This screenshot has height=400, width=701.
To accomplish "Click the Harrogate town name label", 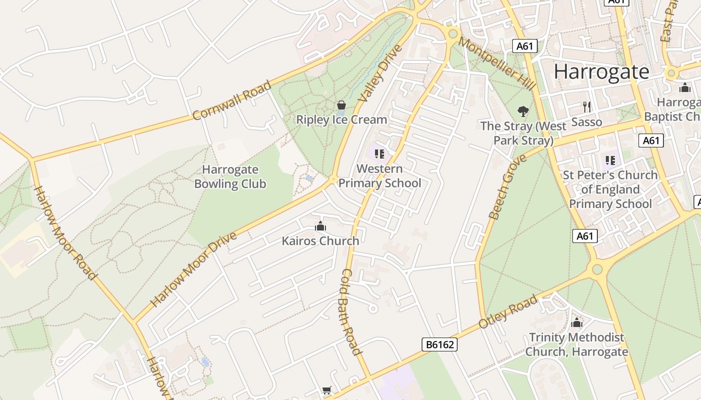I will [x=601, y=72].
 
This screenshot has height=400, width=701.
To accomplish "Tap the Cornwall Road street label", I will [x=232, y=100].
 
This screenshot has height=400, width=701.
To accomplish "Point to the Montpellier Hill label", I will [x=497, y=64].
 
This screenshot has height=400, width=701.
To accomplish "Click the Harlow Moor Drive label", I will [x=194, y=269].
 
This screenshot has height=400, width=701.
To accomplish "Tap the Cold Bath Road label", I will [x=351, y=311].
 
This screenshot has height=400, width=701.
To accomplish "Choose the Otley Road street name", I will [x=508, y=311].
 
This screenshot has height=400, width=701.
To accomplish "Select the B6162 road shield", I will [x=440, y=344].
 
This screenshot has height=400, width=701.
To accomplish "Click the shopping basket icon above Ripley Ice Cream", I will [x=341, y=105].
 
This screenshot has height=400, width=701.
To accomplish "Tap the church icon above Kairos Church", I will [x=320, y=226].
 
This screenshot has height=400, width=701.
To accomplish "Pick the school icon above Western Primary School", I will [x=380, y=153].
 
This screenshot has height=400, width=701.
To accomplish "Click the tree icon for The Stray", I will [x=523, y=110].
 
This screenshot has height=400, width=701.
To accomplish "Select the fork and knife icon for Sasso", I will [x=587, y=106].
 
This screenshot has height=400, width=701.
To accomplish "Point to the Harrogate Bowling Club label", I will [x=230, y=176].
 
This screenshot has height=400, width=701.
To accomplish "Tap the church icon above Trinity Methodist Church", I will [x=577, y=322].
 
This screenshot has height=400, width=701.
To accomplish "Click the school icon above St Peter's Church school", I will [x=610, y=160].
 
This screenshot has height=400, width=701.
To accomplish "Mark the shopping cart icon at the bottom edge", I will [x=327, y=390].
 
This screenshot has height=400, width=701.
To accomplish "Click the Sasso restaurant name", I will [x=586, y=122].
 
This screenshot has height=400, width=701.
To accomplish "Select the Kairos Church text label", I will [x=320, y=241].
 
